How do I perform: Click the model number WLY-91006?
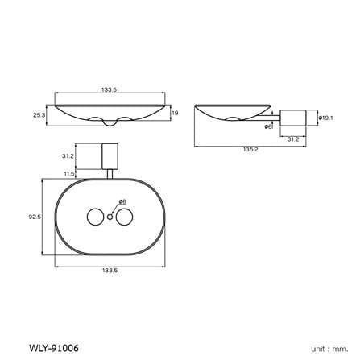point(53,348)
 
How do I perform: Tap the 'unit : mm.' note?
point(329,349)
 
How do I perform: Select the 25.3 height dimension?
point(39,115)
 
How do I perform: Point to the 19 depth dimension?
point(175,113)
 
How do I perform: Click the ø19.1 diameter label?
point(326,118)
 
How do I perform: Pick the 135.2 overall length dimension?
point(250,150)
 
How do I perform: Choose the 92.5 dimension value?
point(35,217)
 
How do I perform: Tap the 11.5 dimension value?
point(69,174)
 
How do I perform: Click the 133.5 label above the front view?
point(110,89)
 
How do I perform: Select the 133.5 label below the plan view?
point(110,271)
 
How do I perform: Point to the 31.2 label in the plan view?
point(68,156)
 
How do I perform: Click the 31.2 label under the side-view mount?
point(293,139)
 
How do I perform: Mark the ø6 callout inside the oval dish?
point(122,201)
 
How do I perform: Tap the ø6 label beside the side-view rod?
point(268,126)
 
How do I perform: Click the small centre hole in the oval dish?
point(110,217)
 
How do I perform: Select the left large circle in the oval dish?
point(96,217)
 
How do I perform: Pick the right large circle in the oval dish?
point(124,217)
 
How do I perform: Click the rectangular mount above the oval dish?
point(110,156)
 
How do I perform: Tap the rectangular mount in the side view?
point(293,118)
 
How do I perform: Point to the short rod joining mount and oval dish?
point(110,174)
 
